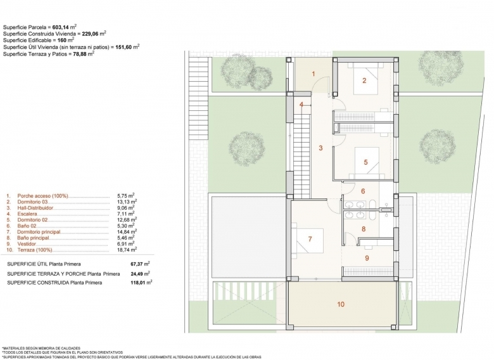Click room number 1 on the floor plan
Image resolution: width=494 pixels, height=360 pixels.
pyautogui.click(x=313, y=74)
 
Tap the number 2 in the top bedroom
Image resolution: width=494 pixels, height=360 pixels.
pyautogui.click(x=365, y=80)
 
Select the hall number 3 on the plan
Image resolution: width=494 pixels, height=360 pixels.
pyautogui.click(x=320, y=148)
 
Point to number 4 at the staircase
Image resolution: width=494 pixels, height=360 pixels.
pyautogui.click(x=301, y=105)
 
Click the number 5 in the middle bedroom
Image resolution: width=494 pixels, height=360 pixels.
pyautogui.click(x=366, y=162)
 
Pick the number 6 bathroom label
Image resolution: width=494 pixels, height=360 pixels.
pyautogui.click(x=363, y=191)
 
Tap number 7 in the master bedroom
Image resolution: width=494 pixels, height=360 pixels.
pyautogui.click(x=310, y=240)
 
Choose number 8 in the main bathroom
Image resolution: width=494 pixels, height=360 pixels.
pyautogui.click(x=364, y=229)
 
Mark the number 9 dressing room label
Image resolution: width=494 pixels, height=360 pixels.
pyautogui.click(x=367, y=258)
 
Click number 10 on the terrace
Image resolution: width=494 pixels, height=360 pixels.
pyautogui.click(x=341, y=304)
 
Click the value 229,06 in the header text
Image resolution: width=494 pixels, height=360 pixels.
pyautogui.click(x=92, y=34)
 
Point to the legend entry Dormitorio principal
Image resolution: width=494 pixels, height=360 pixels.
pyautogui.click(x=39, y=232)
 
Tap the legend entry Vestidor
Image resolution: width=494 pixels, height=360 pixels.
pyautogui.click(x=27, y=244)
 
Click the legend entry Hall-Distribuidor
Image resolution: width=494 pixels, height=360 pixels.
pyautogui.click(x=35, y=208)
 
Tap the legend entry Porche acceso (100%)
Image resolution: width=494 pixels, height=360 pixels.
pyautogui.click(x=42, y=196)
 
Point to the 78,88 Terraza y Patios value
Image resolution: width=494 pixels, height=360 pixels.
pyautogui.click(x=81, y=54)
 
